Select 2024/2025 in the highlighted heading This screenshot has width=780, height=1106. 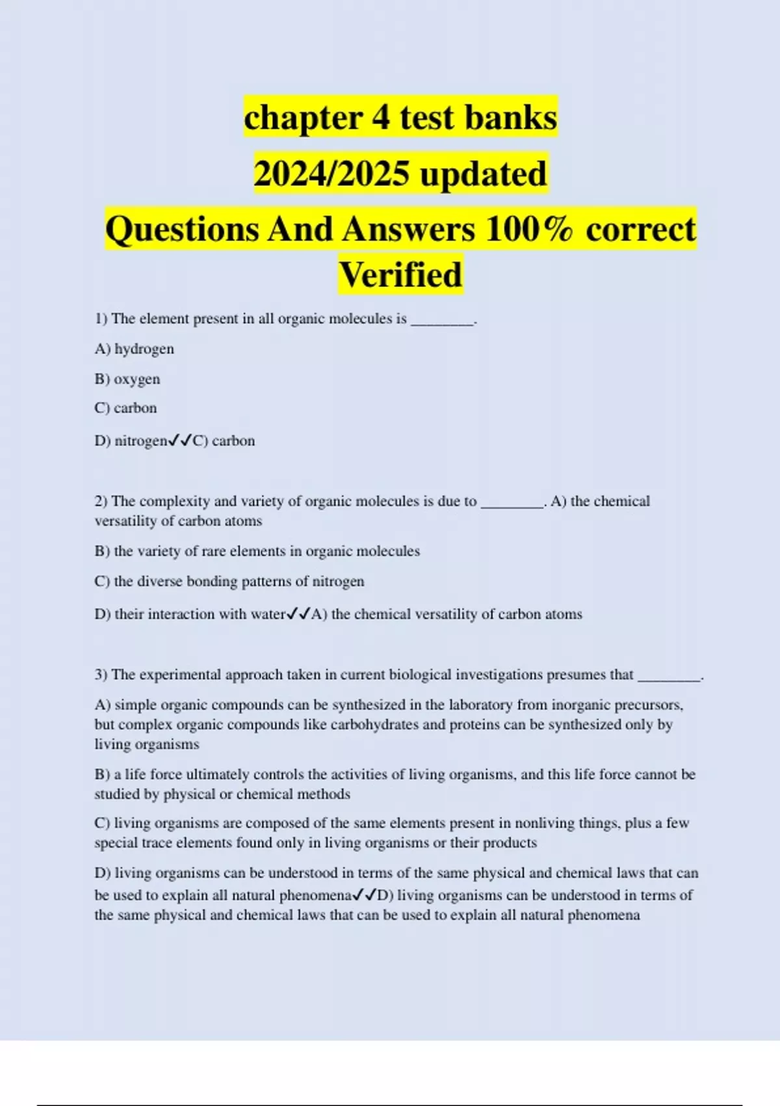click(331, 174)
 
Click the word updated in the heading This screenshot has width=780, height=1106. click(483, 174)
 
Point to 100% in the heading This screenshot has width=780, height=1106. click(529, 230)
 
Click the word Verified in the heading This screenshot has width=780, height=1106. click(400, 275)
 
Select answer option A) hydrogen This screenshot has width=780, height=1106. click(135, 349)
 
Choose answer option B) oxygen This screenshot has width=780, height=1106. click(127, 379)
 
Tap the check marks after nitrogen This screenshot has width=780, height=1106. click(180, 441)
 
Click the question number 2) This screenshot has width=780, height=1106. click(101, 502)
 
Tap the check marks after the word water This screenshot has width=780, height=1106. click(298, 614)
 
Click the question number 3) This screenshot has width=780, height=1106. click(101, 675)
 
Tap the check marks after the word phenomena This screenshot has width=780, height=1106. click(365, 896)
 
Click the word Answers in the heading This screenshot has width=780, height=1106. click(409, 230)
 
